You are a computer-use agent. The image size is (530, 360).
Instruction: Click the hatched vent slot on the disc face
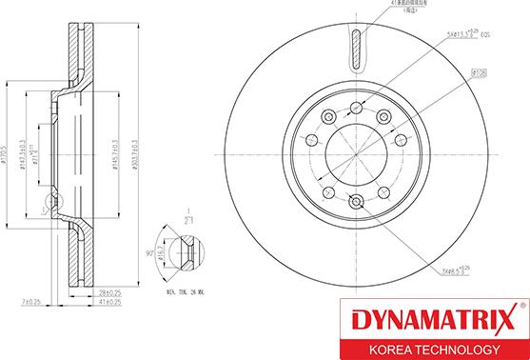(x=357, y=52)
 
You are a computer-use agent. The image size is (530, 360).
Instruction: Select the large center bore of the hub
(x=357, y=152)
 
